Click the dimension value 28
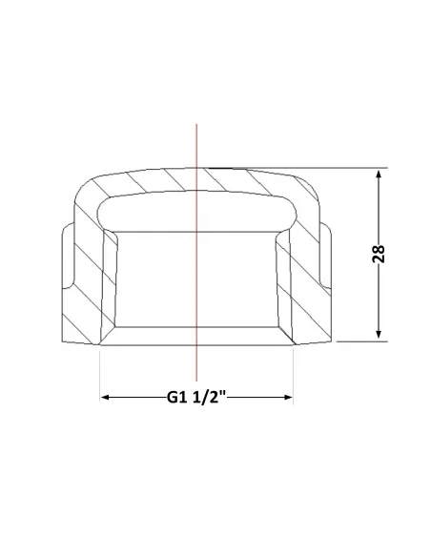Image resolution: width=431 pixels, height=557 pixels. pos(379,254)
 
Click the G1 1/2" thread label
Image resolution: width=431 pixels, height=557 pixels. pos(196,397)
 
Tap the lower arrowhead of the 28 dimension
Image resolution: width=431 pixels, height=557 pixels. pos(379,334)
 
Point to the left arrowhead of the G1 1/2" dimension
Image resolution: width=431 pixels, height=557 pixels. pos(106,397)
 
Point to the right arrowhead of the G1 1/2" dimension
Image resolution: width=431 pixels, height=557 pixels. pos(288,397)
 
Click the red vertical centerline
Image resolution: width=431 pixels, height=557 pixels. pos(196,252)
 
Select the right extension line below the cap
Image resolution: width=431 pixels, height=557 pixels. pos(294,376)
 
